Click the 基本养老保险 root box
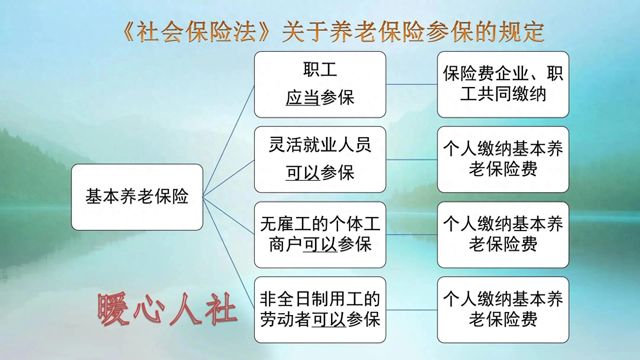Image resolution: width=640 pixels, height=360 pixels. point(137,197)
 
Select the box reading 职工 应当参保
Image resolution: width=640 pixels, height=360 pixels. point(320,84)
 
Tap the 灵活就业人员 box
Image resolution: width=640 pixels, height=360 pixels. point(320,159)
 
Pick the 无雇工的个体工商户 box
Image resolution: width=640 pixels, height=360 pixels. point(320,234)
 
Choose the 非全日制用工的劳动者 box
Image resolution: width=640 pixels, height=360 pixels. point(320,310)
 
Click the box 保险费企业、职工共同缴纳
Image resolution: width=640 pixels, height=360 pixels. point(503,84)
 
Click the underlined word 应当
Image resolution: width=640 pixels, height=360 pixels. point(303,98)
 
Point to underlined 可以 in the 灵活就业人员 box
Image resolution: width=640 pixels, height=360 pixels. point(303,173)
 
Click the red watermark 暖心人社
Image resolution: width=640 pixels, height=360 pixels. point(168,309)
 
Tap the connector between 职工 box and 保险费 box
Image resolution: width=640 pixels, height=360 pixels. point(411,84)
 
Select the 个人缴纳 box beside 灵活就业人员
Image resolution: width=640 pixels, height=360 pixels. point(503,159)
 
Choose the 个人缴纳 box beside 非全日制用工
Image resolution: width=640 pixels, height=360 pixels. point(503,310)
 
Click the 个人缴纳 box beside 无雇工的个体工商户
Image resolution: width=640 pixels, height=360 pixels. point(503,234)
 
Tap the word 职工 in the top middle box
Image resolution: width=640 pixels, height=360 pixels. point(320,70)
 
